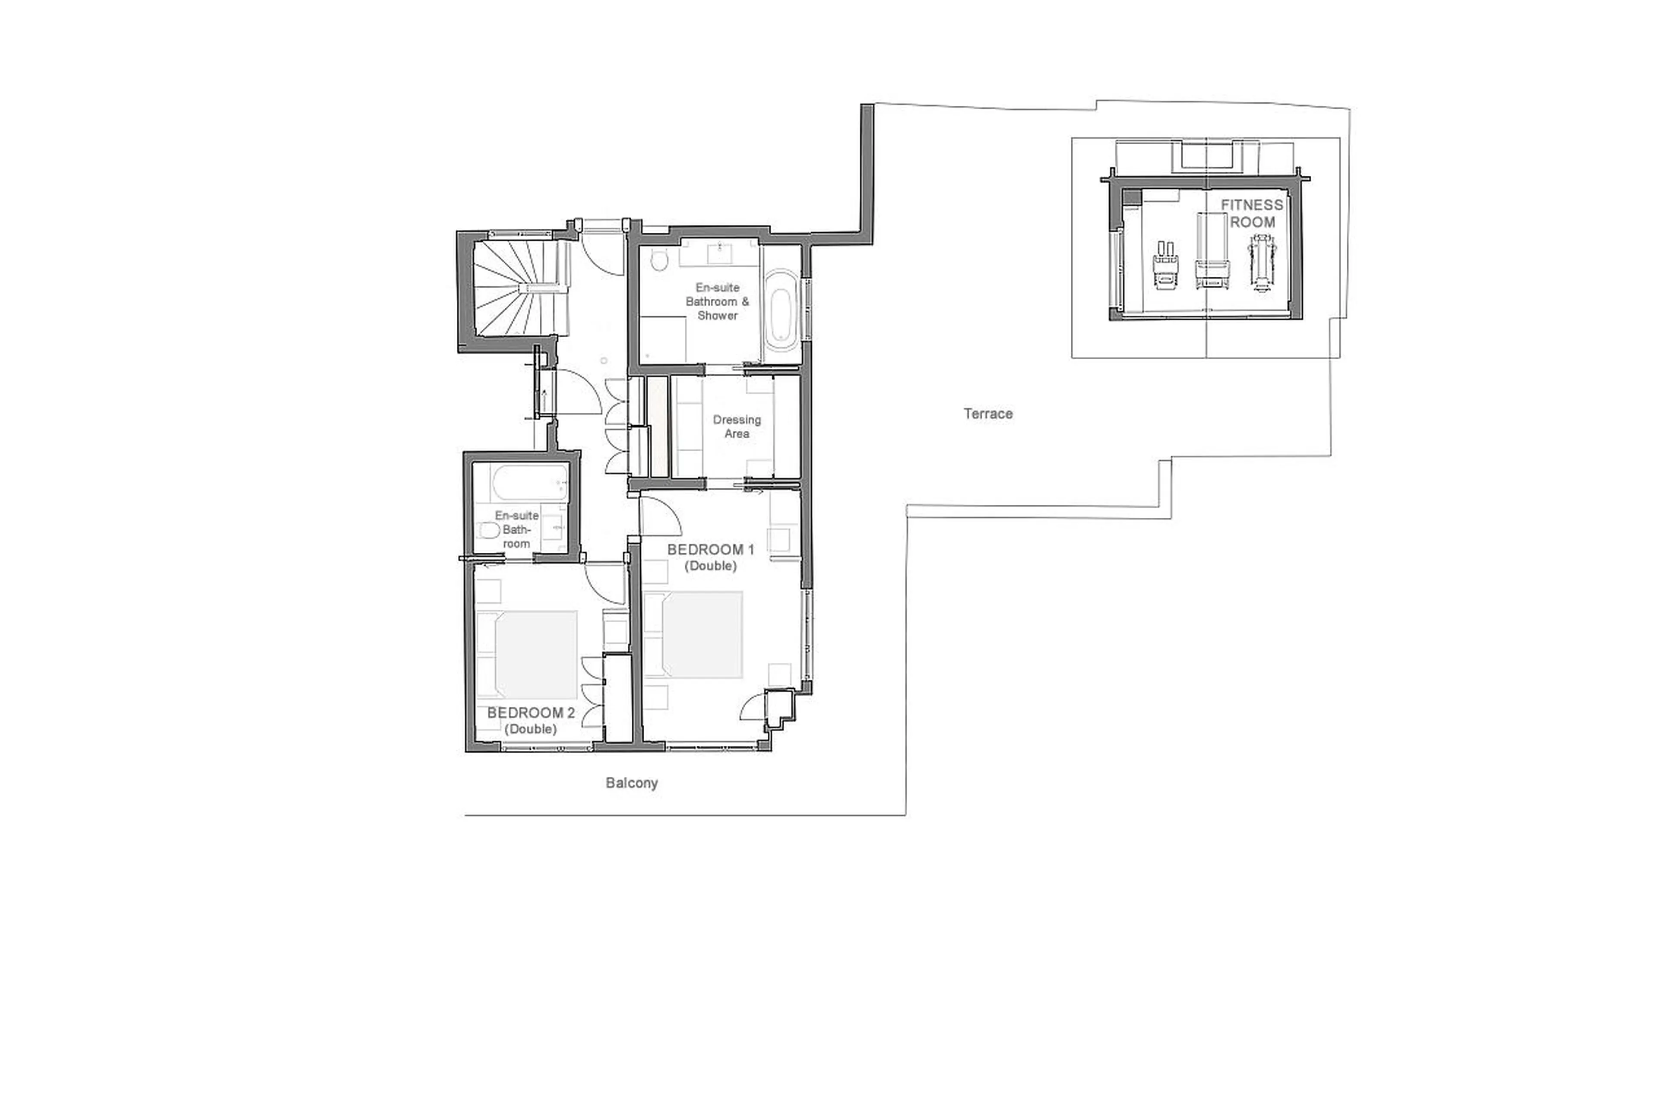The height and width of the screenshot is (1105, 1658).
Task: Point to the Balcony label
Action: (631, 782)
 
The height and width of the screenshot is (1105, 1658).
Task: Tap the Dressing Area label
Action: (736, 426)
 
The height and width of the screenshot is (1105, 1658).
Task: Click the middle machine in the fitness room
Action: (1211, 254)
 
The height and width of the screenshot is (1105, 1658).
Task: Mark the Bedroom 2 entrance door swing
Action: (604, 583)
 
